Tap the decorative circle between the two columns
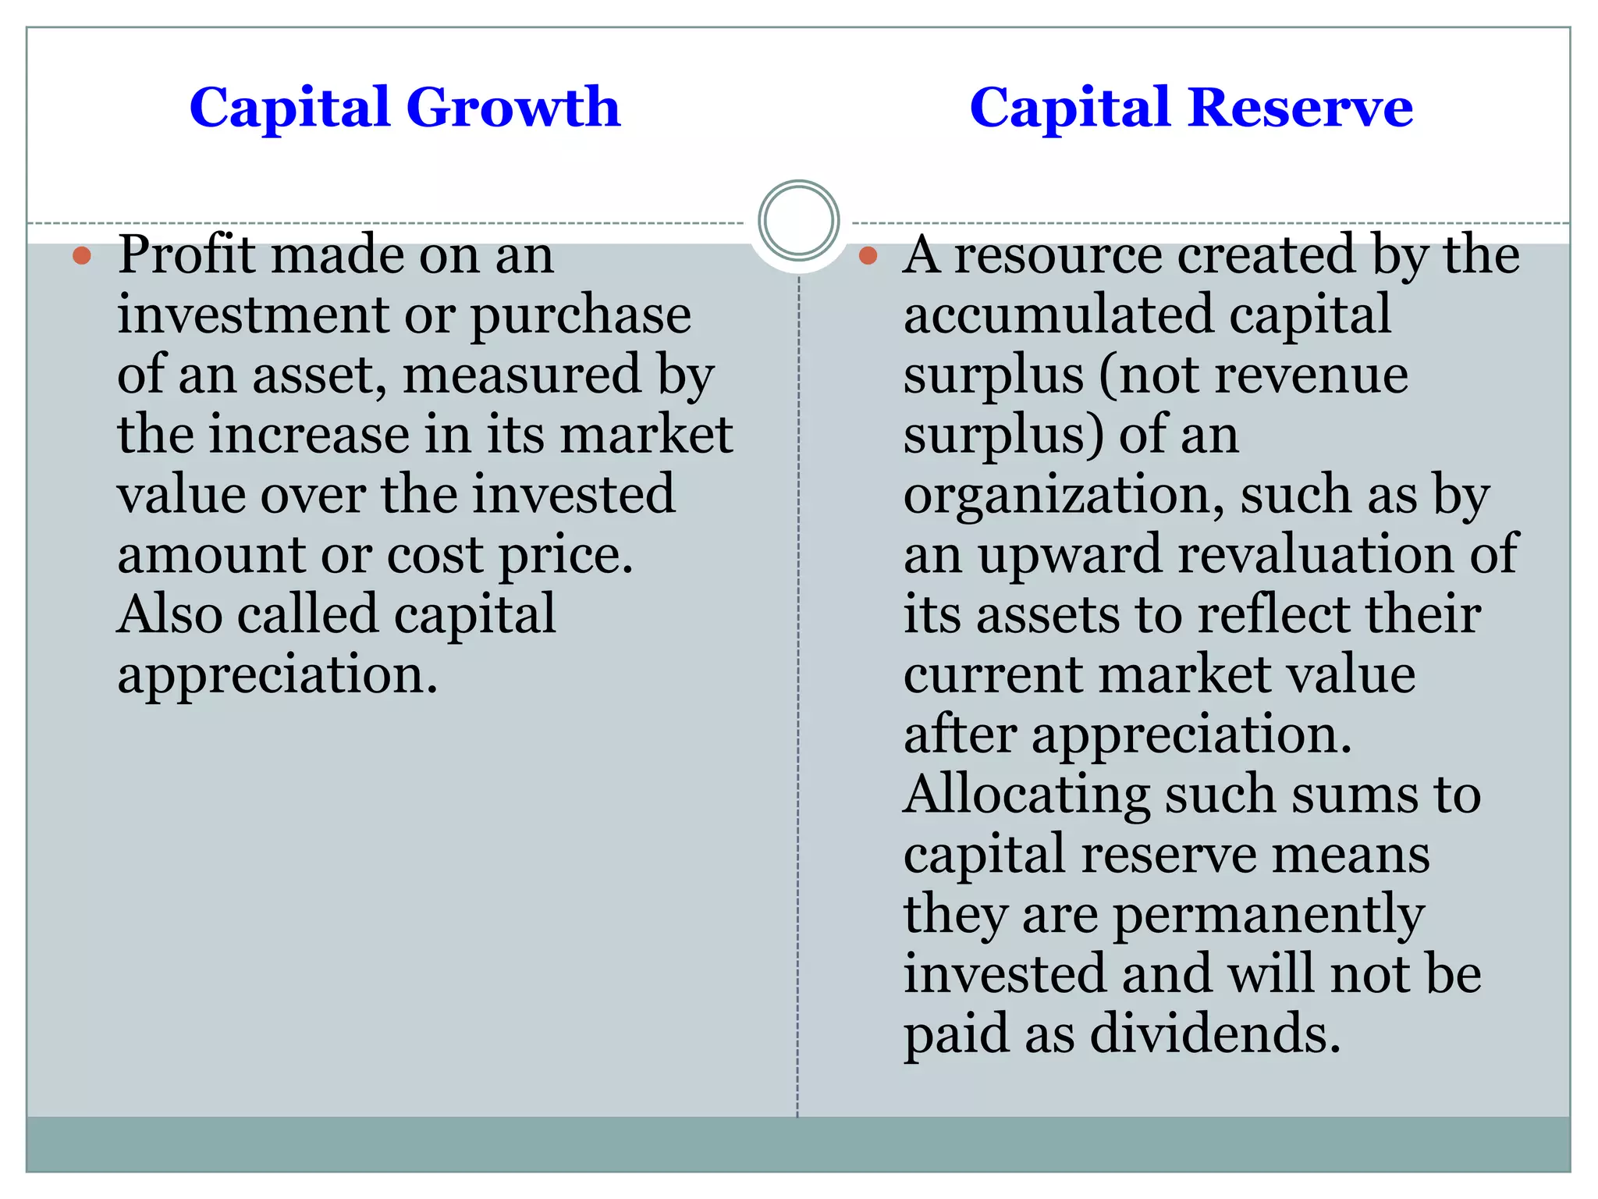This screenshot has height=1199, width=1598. pos(798,221)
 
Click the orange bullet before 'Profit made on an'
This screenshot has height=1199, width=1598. pos(82,255)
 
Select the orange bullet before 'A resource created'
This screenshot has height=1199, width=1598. pos(868,255)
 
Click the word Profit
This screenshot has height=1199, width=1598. pos(186,255)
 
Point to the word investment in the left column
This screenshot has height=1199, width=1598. pos(254,315)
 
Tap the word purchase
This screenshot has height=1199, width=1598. pos(581,315)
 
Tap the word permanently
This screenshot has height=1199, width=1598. pos(1269,915)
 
